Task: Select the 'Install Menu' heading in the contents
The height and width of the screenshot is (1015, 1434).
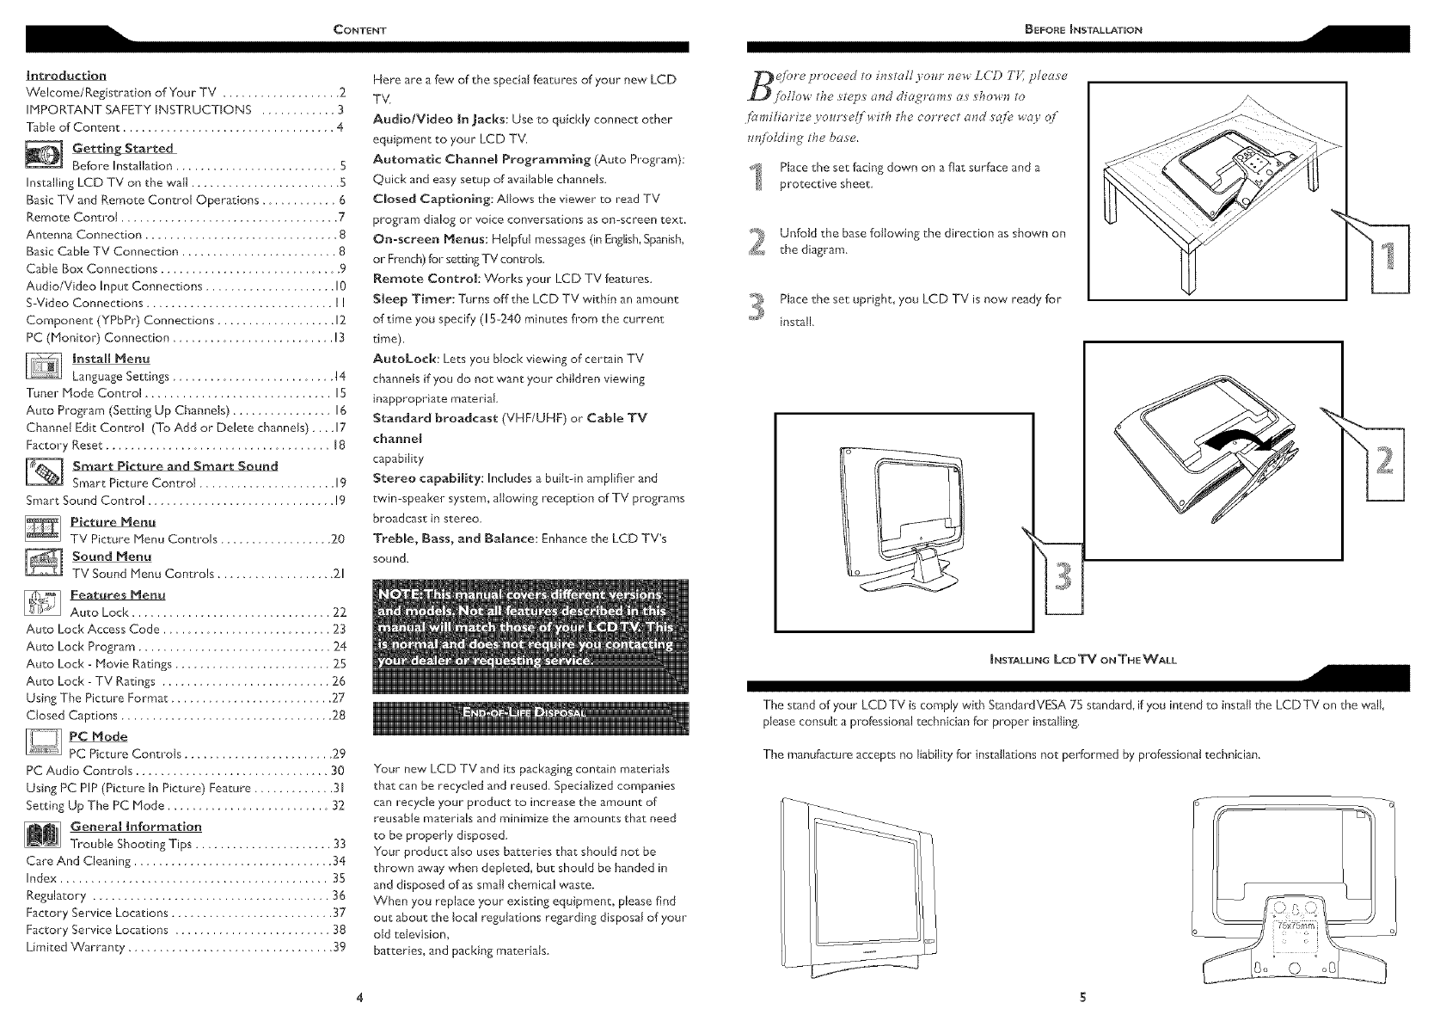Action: tap(111, 358)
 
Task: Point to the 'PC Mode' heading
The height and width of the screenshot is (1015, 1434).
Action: tap(98, 736)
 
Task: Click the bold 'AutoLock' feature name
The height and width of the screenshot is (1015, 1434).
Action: tap(402, 359)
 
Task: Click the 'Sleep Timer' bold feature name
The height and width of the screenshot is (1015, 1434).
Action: tap(410, 299)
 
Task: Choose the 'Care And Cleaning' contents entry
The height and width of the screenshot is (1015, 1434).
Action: tap(79, 861)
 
